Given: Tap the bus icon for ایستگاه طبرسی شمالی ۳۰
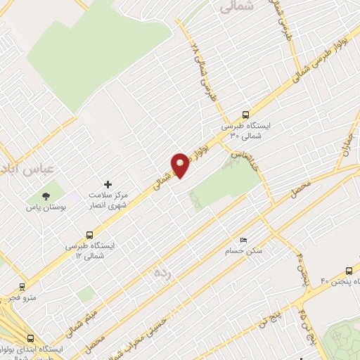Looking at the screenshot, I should tap(245, 115).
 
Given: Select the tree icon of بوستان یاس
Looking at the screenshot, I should tap(46, 196).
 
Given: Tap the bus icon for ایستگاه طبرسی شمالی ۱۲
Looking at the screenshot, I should tap(89, 234).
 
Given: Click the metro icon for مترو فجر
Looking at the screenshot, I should tap(22, 286).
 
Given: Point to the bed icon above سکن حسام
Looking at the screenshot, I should tap(244, 240).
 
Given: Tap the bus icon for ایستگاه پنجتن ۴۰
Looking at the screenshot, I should tap(349, 271).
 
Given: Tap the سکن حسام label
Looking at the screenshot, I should tap(244, 251).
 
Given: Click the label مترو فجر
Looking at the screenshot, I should tap(22, 298).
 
